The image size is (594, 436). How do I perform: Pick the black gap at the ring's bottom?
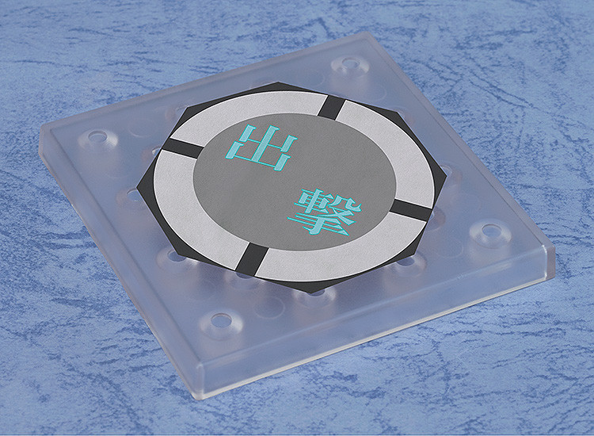pyautogui.click(x=252, y=261)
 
